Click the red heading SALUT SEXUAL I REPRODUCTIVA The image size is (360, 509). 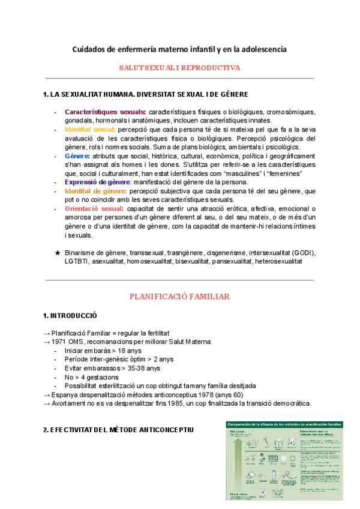(180, 68)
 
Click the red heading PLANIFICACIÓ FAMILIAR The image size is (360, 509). (180, 297)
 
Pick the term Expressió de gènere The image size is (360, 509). (97, 182)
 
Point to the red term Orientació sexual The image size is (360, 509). (92, 208)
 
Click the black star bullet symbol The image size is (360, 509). (58, 253)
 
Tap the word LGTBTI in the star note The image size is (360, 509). (76, 262)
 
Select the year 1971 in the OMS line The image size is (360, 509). (59, 342)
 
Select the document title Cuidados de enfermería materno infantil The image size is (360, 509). (180, 48)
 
